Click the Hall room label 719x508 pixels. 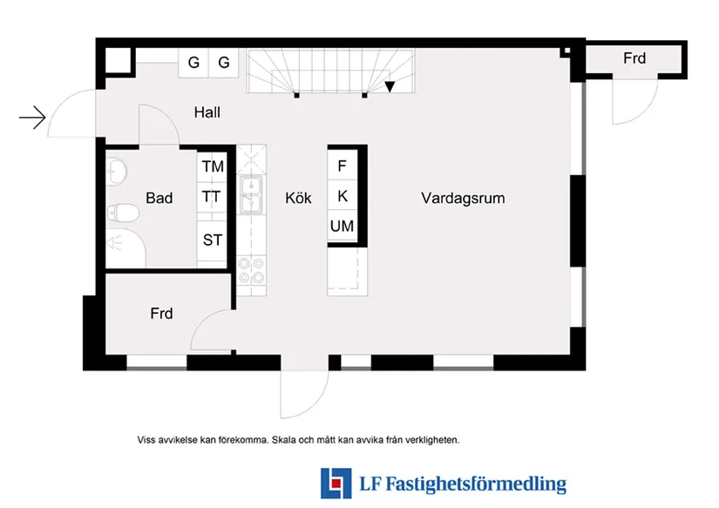pyautogui.click(x=207, y=112)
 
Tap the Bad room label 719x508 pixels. pyautogui.click(x=159, y=198)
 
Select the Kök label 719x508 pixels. pyautogui.click(x=298, y=198)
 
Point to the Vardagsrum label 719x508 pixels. pyautogui.click(x=463, y=198)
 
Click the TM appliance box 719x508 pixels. pyautogui.click(x=213, y=166)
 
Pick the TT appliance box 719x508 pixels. pyautogui.click(x=212, y=197)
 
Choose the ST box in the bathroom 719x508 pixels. pyautogui.click(x=213, y=240)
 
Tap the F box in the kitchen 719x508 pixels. pyautogui.click(x=342, y=166)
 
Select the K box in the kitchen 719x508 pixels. pyautogui.click(x=342, y=197)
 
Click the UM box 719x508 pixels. pyautogui.click(x=342, y=227)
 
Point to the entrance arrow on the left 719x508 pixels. pyautogui.click(x=32, y=117)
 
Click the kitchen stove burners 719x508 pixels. pyautogui.click(x=250, y=272)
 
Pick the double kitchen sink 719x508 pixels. pyautogui.click(x=250, y=195)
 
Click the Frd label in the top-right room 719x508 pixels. pyautogui.click(x=634, y=58)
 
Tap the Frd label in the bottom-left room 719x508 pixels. pyautogui.click(x=161, y=314)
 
